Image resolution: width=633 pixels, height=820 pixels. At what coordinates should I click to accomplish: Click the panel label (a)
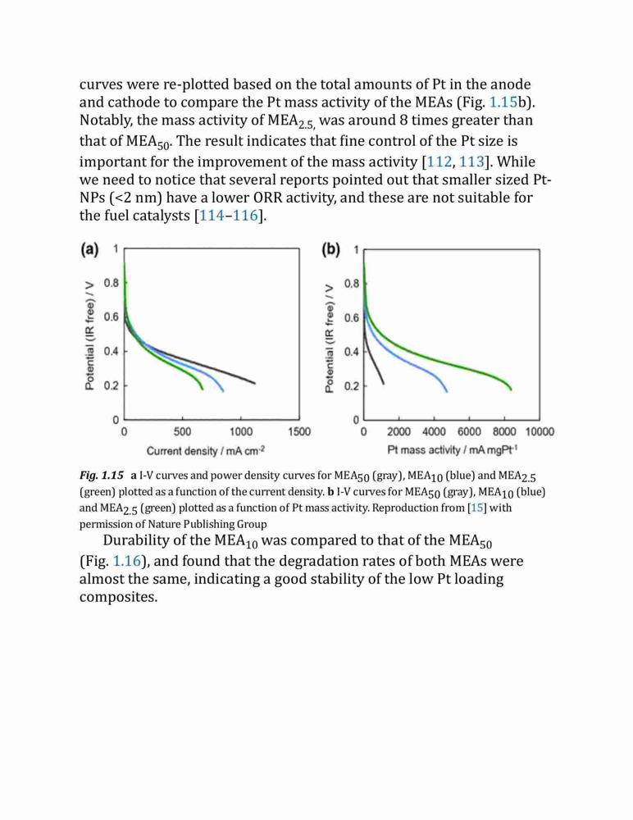coord(89,249)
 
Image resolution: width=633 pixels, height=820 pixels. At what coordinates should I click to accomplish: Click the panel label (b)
coord(331,249)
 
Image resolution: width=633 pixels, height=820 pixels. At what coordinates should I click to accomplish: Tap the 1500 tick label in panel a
coord(299,432)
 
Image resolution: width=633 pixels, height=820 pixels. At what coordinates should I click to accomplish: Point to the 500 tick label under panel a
coord(183,432)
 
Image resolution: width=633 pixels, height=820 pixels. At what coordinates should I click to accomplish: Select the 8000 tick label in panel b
coord(504,432)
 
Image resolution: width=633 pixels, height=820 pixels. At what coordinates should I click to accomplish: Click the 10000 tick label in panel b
coord(540,432)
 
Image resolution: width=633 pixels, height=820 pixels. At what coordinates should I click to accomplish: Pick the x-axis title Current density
coord(206,451)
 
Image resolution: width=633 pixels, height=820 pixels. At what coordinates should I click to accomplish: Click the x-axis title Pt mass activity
coord(453,449)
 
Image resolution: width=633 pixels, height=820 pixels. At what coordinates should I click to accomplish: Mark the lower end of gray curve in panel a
coord(255,383)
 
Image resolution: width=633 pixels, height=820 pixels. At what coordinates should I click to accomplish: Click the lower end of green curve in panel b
coord(511,389)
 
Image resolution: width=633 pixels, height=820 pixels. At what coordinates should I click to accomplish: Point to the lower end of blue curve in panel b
coord(447,391)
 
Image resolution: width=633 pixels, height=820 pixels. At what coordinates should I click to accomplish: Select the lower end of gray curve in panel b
coord(384,384)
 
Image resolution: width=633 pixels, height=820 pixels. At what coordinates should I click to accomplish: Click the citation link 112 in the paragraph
coord(439,162)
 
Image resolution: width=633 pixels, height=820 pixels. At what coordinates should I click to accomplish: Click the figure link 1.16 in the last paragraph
coord(126,561)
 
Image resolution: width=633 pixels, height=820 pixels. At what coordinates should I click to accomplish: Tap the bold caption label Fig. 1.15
coord(102,476)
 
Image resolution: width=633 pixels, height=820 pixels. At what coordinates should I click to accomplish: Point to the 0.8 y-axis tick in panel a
coord(112,284)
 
